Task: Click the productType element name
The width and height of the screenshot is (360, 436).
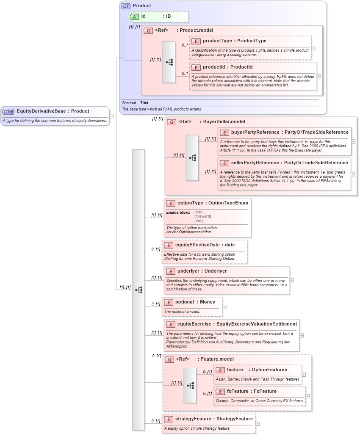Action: point(217,41)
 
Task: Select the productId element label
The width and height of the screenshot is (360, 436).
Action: point(217,67)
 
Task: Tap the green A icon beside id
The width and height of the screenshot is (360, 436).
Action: point(134,17)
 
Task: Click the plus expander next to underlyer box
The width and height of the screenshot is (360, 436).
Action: point(292,280)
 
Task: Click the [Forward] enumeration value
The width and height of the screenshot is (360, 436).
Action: point(202,217)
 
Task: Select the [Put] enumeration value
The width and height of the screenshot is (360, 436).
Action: point(198,221)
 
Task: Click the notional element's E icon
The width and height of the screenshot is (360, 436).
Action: point(169,302)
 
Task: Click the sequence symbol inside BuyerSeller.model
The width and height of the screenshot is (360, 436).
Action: point(192,158)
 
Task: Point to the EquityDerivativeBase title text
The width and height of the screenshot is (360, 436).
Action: point(42,111)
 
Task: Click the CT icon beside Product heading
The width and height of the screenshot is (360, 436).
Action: point(126,6)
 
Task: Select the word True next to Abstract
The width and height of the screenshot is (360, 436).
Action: point(144,102)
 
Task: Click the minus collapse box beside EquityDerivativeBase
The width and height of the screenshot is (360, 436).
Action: point(111,116)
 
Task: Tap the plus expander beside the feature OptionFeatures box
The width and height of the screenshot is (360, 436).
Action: point(304,375)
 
